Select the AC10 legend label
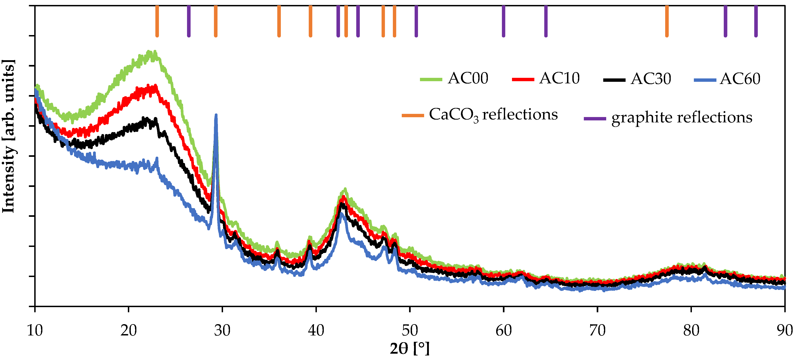coord(559,78)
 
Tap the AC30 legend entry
coord(651,79)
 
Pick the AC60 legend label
coord(740,79)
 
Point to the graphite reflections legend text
coord(681,118)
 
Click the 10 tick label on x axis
coord(35,331)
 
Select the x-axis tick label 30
coord(222,331)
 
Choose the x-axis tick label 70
coord(597,331)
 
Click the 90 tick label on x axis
coord(785,331)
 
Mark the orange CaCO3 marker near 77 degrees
coord(667,21)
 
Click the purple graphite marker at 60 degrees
coord(503,21)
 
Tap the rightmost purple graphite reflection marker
coord(756,21)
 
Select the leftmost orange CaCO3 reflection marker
coord(157,21)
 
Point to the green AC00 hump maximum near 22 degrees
coord(151,52)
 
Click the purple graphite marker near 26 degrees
coord(189,21)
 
